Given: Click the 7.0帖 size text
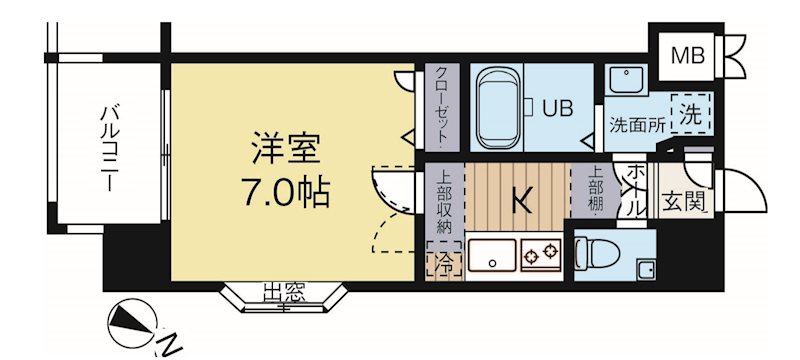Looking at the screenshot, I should tap(286, 194).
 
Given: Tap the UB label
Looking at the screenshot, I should tap(557, 108).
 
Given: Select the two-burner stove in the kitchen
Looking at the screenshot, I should tap(542, 255).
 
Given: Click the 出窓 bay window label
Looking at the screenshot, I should tap(284, 293).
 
